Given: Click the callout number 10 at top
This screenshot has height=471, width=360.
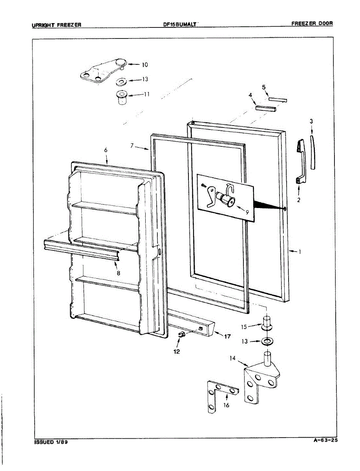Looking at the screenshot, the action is click(134, 64).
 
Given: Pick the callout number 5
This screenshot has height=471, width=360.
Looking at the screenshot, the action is click(264, 87).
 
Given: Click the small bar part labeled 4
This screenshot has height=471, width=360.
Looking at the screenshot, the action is click(266, 108).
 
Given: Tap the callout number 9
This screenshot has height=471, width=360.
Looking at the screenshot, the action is click(247, 212).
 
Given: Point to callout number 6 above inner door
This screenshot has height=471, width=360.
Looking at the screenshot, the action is click(106, 150).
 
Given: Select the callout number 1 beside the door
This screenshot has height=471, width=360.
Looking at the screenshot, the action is click(300, 252).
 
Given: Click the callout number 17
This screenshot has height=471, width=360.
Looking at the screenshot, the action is click(228, 336).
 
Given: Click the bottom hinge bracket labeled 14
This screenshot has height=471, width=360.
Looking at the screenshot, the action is click(259, 377).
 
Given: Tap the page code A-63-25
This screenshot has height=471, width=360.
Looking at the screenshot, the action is click(325, 440).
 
